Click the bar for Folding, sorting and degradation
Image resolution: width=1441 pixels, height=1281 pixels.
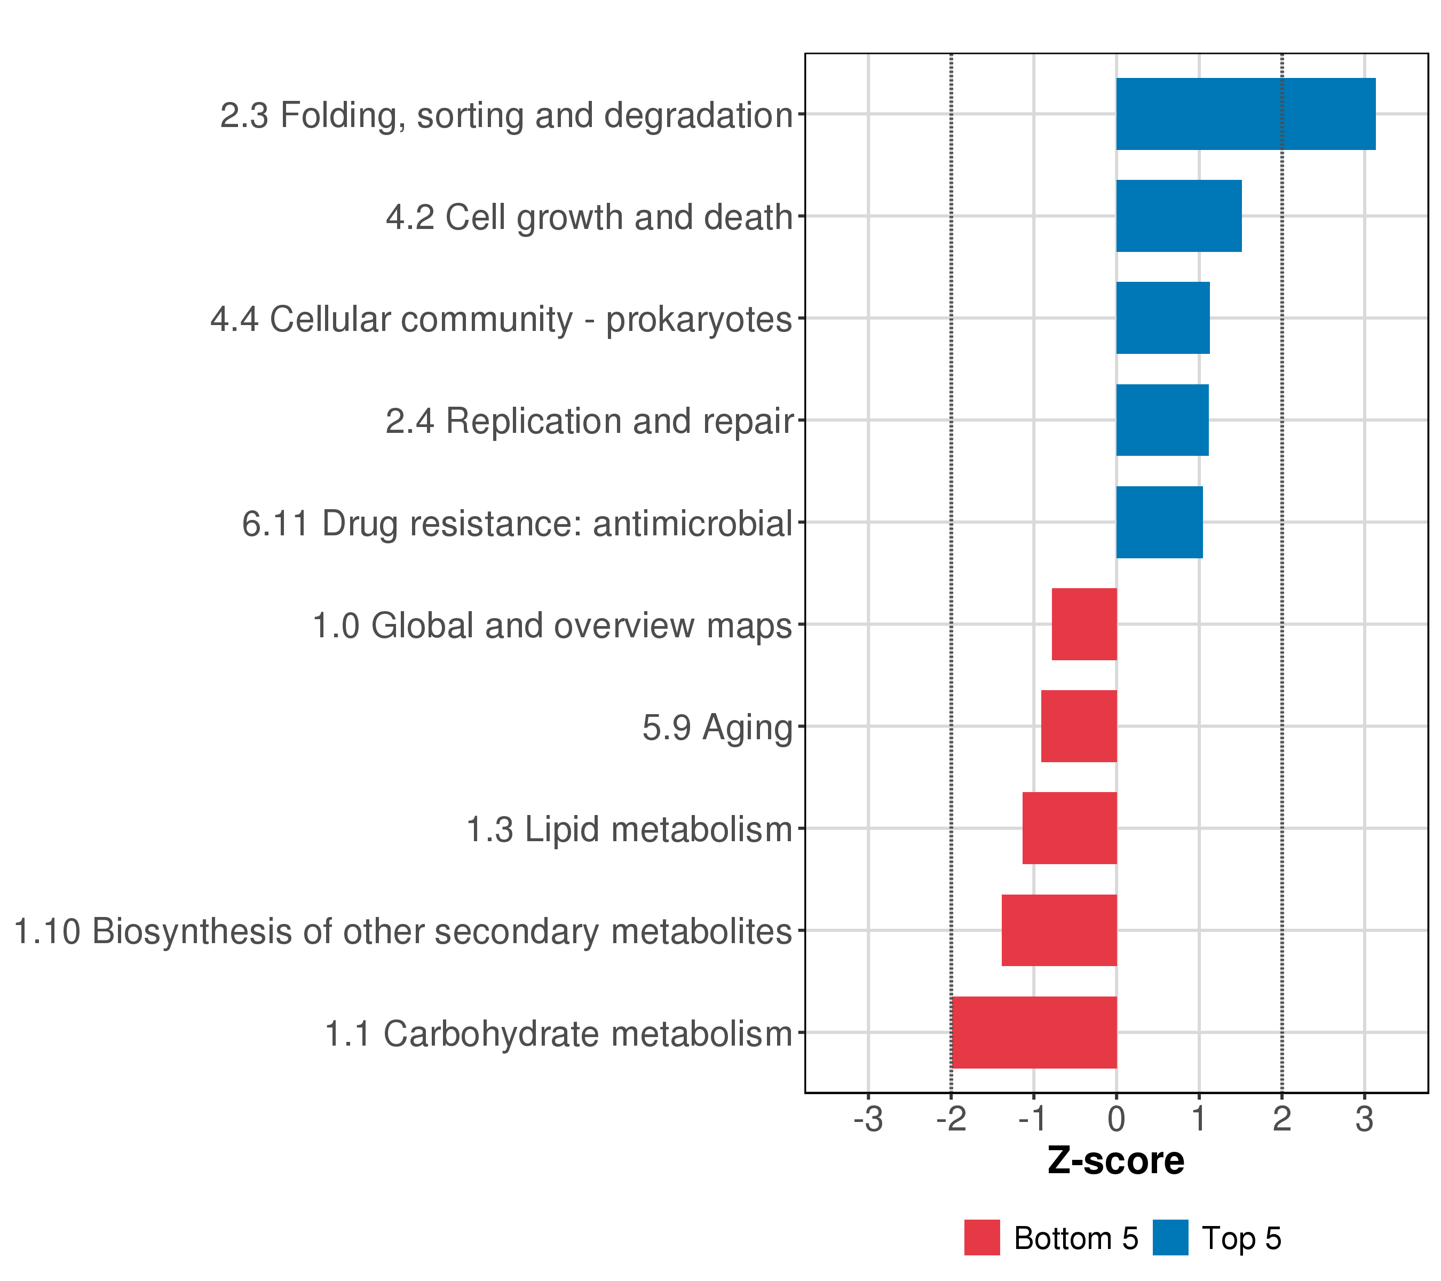pos(1245,114)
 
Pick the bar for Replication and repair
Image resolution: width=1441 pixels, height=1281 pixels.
pos(1162,420)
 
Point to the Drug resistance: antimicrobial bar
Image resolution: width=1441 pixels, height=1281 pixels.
pos(1159,523)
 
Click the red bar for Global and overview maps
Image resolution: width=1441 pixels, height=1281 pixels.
pos(1084,624)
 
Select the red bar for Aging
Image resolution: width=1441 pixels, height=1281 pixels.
pos(1079,726)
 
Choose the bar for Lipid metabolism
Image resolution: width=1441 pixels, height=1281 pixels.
pos(1070,828)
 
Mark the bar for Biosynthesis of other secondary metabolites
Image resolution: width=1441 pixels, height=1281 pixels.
pos(1059,931)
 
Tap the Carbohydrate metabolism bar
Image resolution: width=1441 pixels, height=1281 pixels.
pos(1034,1033)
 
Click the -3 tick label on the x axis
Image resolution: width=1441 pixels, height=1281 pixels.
pos(868,1120)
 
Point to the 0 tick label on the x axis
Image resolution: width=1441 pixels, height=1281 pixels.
pos(1116,1120)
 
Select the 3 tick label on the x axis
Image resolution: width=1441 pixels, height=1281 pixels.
pos(1364,1120)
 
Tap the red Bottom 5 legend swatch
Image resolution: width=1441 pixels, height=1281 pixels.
pos(982,1238)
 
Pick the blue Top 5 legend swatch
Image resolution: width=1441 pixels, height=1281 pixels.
pos(1170,1238)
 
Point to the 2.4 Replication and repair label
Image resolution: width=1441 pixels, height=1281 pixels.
pos(589,422)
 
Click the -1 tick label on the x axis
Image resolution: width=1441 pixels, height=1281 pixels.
pos(1033,1120)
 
